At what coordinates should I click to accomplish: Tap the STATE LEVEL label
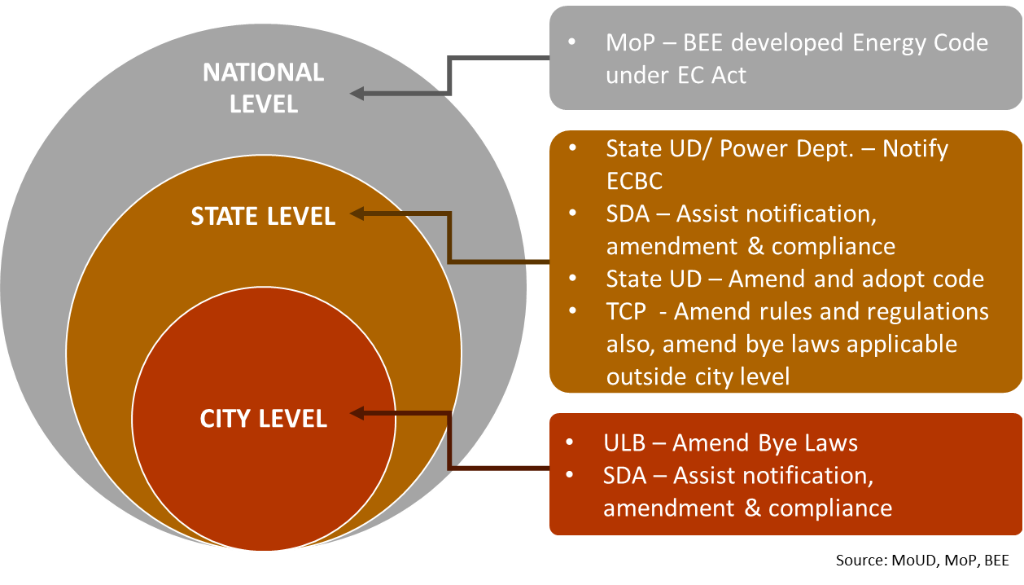tap(263, 216)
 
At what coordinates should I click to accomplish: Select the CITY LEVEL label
tap(263, 419)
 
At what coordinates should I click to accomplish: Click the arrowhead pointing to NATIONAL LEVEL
tap(357, 94)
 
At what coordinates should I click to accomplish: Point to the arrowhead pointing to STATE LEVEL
tap(357, 214)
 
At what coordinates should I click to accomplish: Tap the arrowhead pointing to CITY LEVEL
tap(357, 414)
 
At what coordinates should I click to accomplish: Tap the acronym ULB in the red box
tap(625, 443)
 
